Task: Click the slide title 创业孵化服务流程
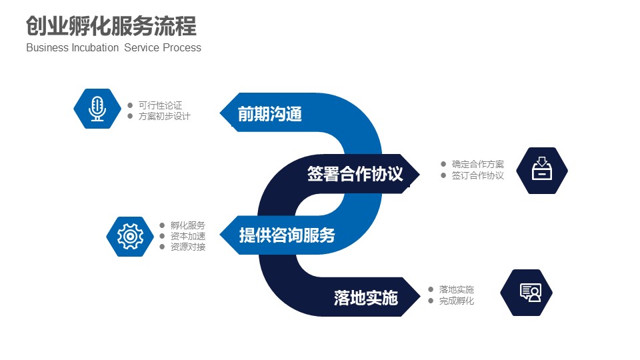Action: pos(111,27)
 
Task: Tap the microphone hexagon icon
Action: pos(98,108)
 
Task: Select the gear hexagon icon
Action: pos(131,236)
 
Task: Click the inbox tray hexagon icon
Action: pos(542,171)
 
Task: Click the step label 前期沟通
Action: pos(270,114)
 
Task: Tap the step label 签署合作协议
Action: pos(355,174)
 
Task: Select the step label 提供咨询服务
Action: pos(287,235)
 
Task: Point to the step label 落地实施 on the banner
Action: pos(365,297)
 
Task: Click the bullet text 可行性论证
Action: pos(160,105)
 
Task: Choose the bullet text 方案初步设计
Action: pos(164,116)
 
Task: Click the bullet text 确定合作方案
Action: pos(477,164)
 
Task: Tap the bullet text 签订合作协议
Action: pos(477,175)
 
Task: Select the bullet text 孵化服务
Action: pos(187,225)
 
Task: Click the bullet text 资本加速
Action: pos(187,236)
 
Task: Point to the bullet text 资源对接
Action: pos(187,247)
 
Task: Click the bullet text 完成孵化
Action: pos(456,301)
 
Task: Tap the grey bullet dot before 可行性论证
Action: pos(130,105)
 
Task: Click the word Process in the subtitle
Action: pos(182,48)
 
